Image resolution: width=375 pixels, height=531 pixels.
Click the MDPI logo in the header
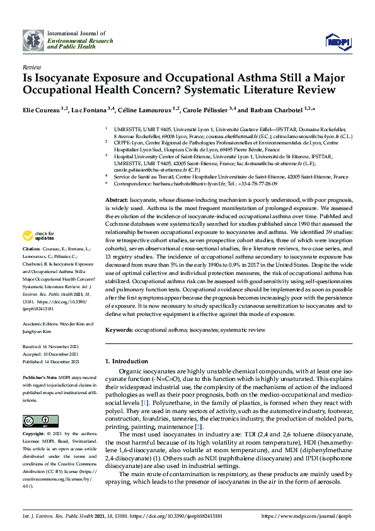click(337, 41)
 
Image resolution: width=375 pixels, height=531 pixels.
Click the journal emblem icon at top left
click(33, 40)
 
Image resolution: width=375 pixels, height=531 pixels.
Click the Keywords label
click(119, 330)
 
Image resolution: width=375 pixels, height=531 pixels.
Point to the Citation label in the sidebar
click(33, 267)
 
